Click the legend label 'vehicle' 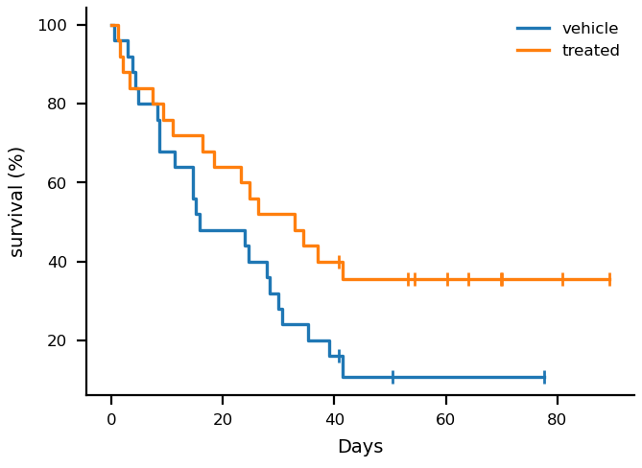click(x=590, y=28)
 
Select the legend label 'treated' click(x=591, y=50)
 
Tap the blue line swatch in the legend click(x=534, y=28)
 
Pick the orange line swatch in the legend click(x=534, y=50)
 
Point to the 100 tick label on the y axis click(x=52, y=25)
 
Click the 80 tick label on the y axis click(x=57, y=104)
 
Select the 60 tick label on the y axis click(x=57, y=183)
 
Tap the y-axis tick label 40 click(x=57, y=262)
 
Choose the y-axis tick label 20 click(x=57, y=340)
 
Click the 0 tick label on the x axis click(x=111, y=419)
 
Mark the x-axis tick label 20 click(x=223, y=419)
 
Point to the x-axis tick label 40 click(x=334, y=419)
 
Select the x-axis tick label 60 click(x=445, y=419)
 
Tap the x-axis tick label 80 click(x=557, y=419)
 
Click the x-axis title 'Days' click(x=360, y=446)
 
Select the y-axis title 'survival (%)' click(x=16, y=203)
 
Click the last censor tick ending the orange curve click(x=609, y=280)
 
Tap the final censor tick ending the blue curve click(x=544, y=377)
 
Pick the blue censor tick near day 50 click(x=392, y=377)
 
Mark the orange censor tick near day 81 click(x=562, y=280)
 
